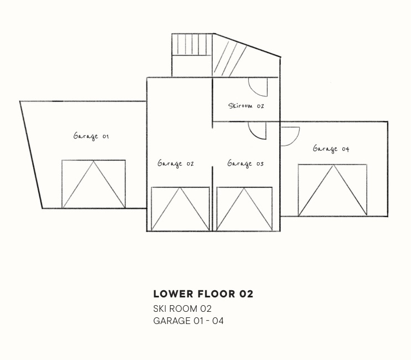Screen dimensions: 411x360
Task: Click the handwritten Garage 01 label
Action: point(91,136)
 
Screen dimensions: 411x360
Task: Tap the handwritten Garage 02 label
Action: point(176,163)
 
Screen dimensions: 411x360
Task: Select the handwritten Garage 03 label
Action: point(245,163)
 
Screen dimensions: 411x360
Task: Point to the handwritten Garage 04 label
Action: point(331,149)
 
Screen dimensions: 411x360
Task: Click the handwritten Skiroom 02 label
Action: point(246,106)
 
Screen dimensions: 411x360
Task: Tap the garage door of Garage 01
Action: point(94,184)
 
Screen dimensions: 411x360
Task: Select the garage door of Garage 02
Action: point(181,209)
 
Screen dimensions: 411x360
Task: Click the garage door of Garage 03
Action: point(244,209)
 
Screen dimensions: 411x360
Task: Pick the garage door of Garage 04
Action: point(332,190)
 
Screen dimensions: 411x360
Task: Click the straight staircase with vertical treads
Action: point(192,44)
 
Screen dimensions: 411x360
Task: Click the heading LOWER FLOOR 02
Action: point(203,294)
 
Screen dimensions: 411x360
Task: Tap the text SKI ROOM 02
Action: point(182,308)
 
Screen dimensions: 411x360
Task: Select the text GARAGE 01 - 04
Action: point(188,321)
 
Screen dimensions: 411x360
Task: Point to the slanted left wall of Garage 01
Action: point(31,155)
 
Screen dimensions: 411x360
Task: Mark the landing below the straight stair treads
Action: point(192,66)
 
